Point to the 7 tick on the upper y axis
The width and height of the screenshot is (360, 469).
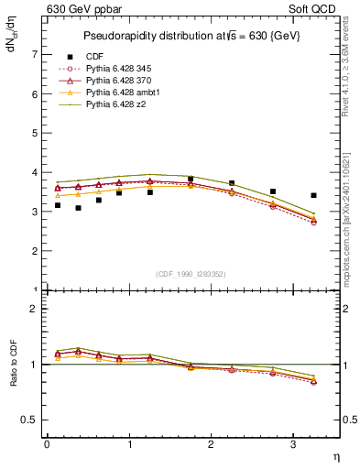[34, 55]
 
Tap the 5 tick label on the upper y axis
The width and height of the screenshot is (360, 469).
[34, 134]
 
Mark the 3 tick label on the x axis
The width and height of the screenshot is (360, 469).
[293, 444]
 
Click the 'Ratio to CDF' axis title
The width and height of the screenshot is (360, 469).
[13, 365]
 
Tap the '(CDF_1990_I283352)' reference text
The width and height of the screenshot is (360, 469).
[191, 274]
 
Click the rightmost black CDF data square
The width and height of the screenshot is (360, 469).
[314, 195]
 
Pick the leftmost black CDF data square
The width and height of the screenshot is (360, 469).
[58, 205]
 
